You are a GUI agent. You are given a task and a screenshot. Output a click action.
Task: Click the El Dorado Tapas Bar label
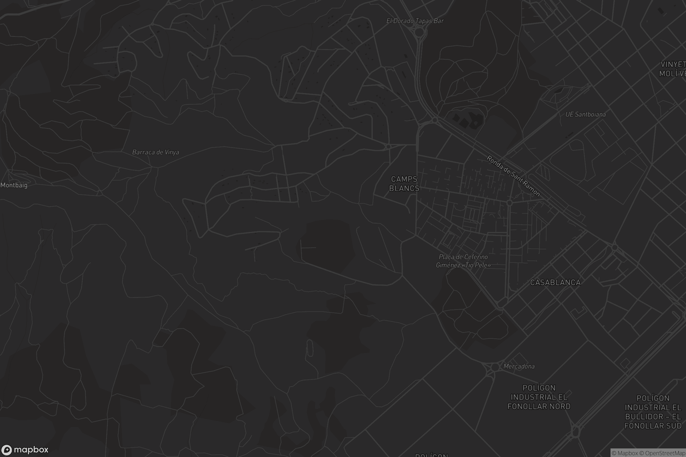point(415,21)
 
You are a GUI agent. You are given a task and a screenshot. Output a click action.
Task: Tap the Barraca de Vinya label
point(155,152)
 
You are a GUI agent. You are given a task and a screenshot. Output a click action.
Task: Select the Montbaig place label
point(14,185)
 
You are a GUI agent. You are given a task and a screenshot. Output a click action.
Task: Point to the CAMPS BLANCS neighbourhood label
point(404,184)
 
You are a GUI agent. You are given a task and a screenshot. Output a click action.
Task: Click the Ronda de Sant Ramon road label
point(513,176)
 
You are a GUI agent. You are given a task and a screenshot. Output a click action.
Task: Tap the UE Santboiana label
point(585,114)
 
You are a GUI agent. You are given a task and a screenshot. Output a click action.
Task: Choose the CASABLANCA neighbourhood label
point(555,282)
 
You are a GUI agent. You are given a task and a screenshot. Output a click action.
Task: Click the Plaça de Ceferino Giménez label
point(463,261)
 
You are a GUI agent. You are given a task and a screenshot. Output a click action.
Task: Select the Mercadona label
point(519,366)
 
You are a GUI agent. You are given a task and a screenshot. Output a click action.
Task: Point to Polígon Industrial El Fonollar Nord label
point(539,397)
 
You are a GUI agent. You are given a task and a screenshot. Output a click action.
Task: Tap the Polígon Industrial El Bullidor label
point(653,412)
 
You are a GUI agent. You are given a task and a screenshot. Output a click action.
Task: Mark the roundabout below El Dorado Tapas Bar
point(419,32)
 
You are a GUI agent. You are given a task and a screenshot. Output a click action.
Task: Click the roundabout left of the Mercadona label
point(495,367)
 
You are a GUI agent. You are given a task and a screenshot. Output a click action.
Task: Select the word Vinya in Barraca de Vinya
point(172,152)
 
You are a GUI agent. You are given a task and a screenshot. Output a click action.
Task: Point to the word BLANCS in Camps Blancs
point(404,188)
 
